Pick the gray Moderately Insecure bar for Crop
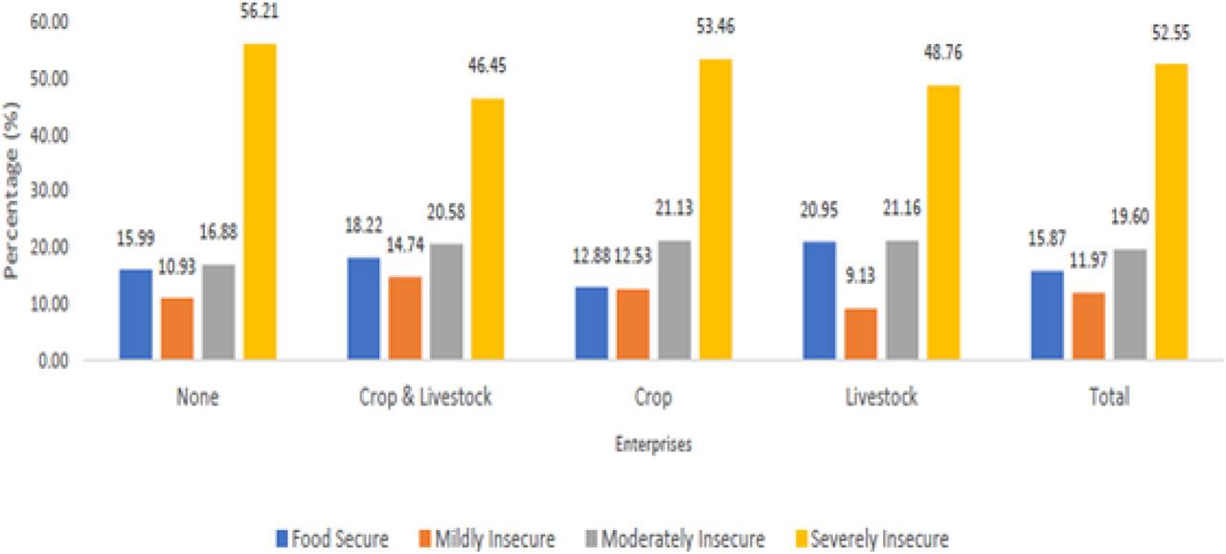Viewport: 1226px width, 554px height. coord(673,300)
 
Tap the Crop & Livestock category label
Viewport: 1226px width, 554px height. coord(422,397)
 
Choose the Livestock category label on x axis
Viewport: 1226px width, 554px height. coord(881,397)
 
